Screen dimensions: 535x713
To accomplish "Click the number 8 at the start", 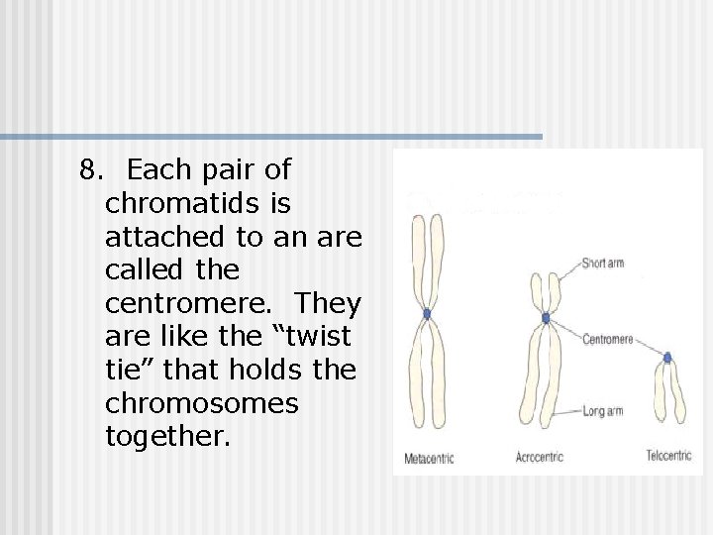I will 90,170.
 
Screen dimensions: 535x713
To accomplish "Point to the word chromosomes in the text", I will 201,403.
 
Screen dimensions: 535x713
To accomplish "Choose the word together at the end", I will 166,437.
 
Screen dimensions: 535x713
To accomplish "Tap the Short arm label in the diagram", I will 602,264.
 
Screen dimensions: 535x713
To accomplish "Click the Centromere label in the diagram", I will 607,340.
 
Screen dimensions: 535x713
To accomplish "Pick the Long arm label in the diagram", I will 602,411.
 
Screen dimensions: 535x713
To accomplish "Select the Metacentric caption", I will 429,459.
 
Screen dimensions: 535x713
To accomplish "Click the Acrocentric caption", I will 540,458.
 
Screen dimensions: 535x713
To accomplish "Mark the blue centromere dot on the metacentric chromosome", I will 427,313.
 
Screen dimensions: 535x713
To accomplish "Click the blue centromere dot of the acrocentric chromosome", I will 546,317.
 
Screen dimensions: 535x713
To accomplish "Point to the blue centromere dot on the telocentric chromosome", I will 667,358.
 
